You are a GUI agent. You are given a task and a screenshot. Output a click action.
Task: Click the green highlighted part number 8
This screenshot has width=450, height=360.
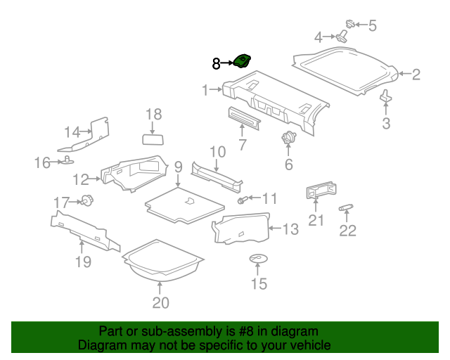click(x=242, y=61)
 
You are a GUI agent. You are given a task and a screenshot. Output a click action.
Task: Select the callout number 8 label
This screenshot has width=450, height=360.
click(x=216, y=64)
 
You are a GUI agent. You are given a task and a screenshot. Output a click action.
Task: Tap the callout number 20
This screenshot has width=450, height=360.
click(x=161, y=302)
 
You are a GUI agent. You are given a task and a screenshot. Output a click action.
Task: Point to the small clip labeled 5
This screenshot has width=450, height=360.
click(x=350, y=24)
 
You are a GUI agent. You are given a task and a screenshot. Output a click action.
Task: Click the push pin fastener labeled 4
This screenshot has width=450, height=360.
click(x=342, y=37)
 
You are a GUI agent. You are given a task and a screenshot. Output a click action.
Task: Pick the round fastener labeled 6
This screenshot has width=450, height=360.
click(x=289, y=137)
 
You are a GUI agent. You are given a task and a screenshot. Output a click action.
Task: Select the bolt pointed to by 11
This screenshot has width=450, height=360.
click(x=241, y=200)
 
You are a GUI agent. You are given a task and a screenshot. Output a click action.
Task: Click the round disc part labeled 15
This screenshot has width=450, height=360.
click(x=258, y=259)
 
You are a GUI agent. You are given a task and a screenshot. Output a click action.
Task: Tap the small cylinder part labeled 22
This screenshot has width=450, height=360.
click(x=346, y=207)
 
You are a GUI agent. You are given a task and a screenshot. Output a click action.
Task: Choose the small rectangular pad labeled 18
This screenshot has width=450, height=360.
click(x=153, y=139)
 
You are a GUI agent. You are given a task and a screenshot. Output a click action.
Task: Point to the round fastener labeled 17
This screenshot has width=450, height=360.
click(x=87, y=200)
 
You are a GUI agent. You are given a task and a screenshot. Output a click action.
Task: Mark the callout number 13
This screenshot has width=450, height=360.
click(x=290, y=229)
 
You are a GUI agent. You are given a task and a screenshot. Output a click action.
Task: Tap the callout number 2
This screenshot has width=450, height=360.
click(x=416, y=75)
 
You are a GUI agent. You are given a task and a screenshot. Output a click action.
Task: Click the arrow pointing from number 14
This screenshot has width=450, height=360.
click(x=86, y=131)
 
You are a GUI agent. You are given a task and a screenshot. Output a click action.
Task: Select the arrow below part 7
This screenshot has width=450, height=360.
click(x=242, y=130)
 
